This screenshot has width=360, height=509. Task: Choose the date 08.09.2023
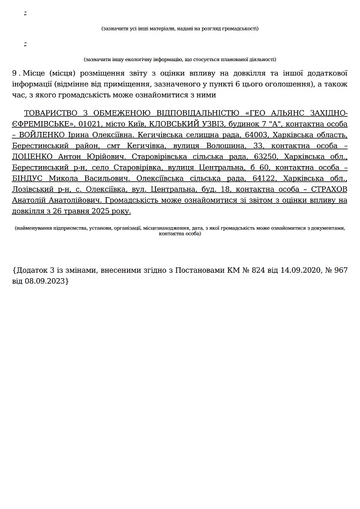click(x=46, y=281)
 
